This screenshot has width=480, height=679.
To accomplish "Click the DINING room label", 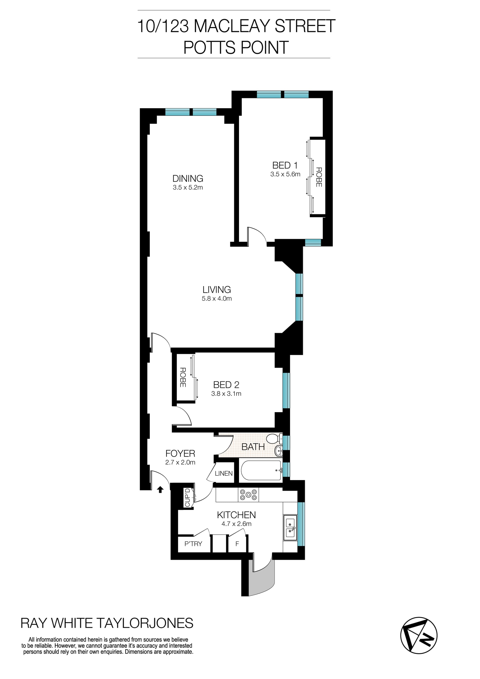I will (188, 178).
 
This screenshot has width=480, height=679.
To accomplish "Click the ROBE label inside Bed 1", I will (318, 177).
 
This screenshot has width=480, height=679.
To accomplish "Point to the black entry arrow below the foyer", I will (160, 490).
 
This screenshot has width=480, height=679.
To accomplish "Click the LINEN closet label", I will (223, 473).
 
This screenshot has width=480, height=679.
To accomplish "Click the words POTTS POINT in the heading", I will (235, 47).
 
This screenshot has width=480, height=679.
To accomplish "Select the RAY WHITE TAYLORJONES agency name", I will (107, 623).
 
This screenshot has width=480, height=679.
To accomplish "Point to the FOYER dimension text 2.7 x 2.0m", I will (180, 462).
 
